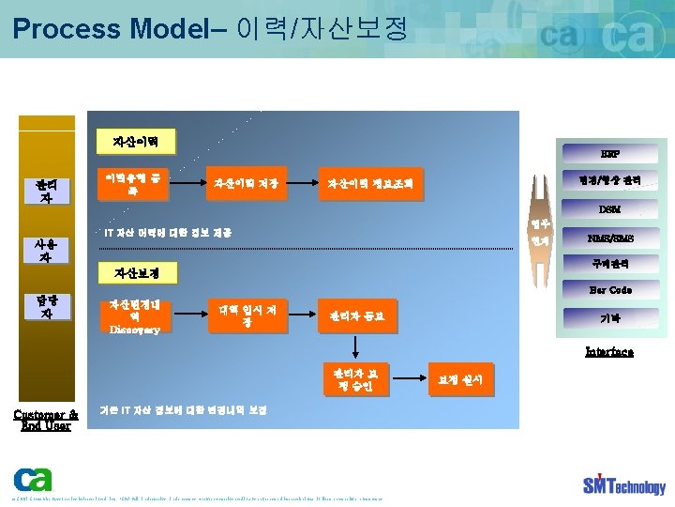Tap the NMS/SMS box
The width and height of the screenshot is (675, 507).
(x=610, y=238)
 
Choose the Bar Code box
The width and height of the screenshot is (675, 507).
(x=610, y=290)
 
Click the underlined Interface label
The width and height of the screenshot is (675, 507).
(x=609, y=351)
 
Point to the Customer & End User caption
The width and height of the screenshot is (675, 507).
(x=46, y=419)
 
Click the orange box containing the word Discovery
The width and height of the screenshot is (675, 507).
(x=135, y=316)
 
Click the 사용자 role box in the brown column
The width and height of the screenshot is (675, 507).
(x=46, y=249)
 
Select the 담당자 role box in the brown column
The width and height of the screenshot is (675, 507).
(x=46, y=306)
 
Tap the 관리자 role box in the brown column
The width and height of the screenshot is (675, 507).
(x=46, y=191)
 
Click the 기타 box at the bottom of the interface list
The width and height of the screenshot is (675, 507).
(x=610, y=318)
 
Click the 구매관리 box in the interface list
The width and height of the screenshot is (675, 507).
(x=610, y=264)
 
